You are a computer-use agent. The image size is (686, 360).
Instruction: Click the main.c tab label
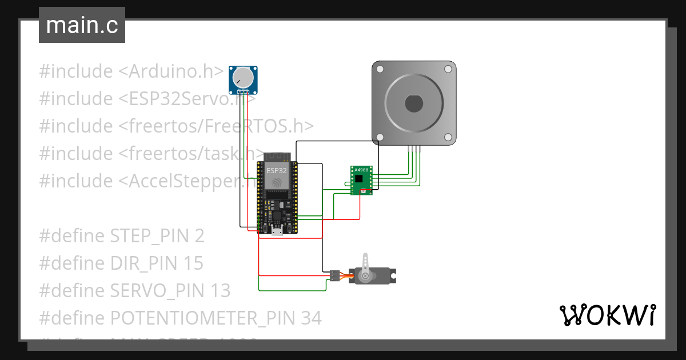tap(82, 26)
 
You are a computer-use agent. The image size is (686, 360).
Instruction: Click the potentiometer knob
tap(244, 77)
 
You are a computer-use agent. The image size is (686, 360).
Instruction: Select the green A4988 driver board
tap(361, 180)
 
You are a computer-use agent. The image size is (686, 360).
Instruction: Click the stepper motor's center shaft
tap(414, 103)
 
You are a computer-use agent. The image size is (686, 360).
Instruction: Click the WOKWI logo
tap(607, 315)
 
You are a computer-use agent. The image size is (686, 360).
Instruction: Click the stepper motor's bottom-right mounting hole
tap(448, 137)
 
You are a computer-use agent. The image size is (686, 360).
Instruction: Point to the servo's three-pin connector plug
tap(334, 276)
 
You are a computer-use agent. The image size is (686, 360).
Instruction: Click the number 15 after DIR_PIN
tap(194, 263)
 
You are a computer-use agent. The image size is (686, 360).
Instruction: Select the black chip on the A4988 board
tap(358, 179)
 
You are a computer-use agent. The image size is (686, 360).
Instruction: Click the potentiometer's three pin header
tap(244, 91)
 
